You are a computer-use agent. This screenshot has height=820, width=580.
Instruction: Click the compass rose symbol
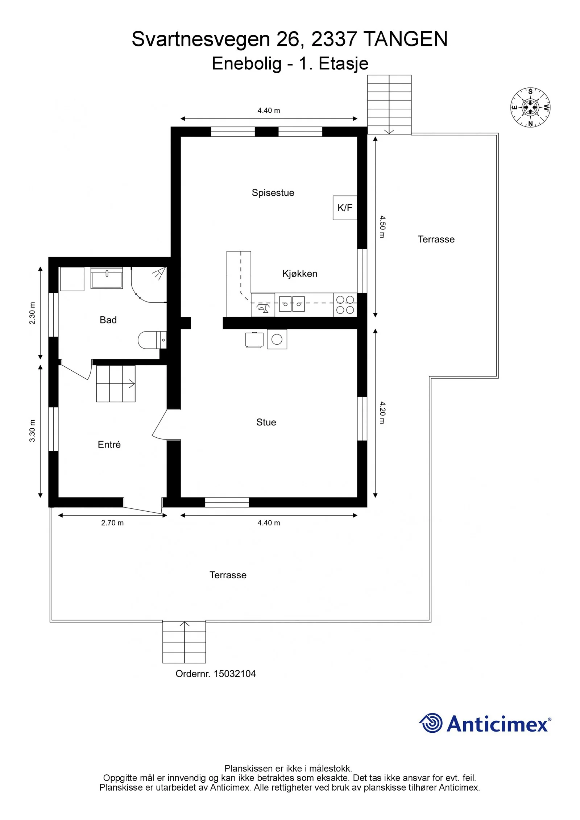[531, 107]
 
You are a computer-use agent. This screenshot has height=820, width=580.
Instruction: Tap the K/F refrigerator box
[345, 208]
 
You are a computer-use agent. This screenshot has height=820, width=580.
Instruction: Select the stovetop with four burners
[345, 305]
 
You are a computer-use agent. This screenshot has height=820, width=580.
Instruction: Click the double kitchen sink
[292, 304]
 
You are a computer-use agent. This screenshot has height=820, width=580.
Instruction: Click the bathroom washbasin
[107, 278]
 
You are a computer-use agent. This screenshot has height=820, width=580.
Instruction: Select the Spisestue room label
[273, 193]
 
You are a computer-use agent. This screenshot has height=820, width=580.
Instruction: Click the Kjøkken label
[300, 274]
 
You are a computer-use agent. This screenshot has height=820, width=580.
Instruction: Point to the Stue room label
[266, 422]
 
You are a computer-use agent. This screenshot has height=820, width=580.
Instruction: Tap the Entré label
[109, 444]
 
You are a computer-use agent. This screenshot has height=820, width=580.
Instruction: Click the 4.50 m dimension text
[382, 226]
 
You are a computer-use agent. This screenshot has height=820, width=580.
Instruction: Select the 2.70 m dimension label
[112, 523]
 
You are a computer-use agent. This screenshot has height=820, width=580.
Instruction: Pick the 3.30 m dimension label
[32, 431]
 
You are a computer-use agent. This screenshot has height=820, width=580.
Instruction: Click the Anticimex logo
[485, 723]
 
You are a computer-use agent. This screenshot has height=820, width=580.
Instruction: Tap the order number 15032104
[235, 674]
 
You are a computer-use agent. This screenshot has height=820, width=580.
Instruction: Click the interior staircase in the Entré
[116, 384]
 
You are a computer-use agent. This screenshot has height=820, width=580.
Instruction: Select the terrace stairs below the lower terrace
[184, 642]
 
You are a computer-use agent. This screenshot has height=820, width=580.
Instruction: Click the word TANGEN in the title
[405, 39]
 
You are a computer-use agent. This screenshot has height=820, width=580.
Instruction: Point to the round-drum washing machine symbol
[277, 339]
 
